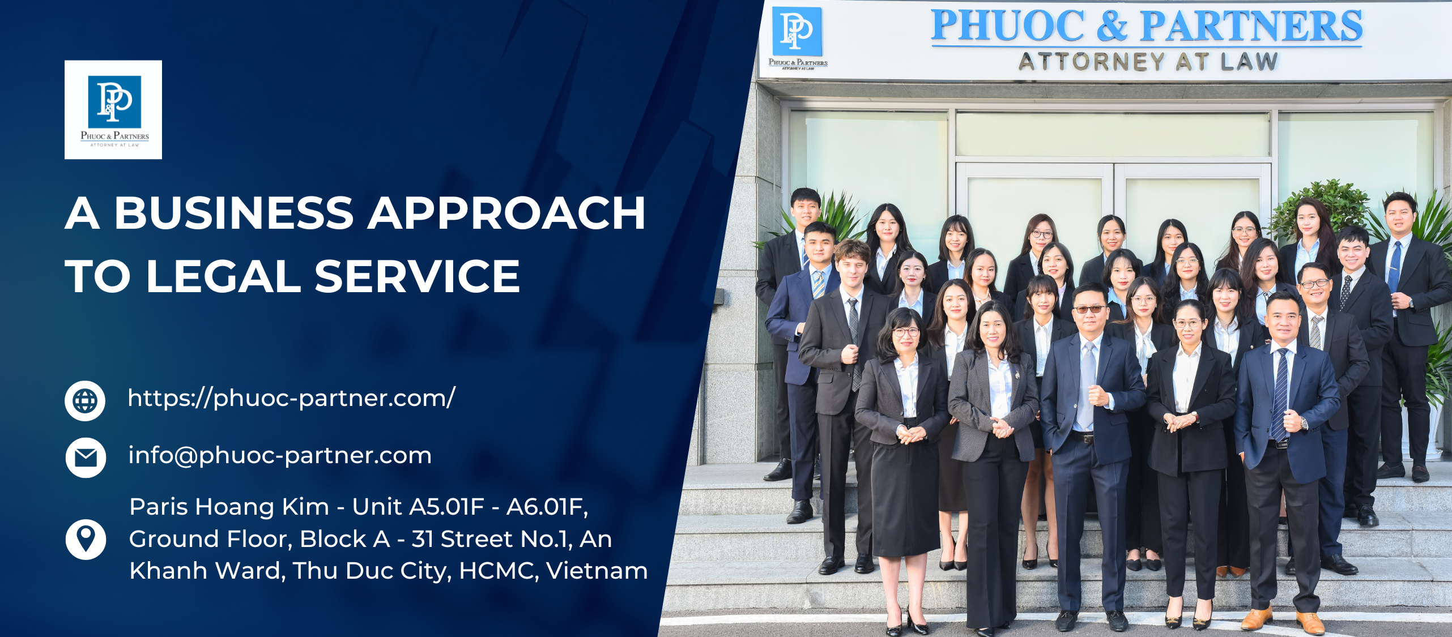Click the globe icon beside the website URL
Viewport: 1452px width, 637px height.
(x=85, y=401)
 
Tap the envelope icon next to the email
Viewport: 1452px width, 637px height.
(x=86, y=458)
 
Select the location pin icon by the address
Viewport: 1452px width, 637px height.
(x=86, y=538)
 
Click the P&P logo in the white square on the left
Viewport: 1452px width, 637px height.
(x=113, y=109)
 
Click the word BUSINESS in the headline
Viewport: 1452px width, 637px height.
(x=234, y=213)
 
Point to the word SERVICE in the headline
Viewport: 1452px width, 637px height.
(x=417, y=277)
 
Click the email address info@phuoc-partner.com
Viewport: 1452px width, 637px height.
(x=280, y=456)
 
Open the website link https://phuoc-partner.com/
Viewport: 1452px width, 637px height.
(x=291, y=398)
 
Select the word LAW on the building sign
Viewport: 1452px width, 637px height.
(x=1249, y=61)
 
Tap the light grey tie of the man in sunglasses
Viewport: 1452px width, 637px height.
(x=1087, y=385)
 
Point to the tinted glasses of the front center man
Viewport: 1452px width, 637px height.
(x=1089, y=309)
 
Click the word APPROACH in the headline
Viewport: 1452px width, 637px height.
(x=507, y=213)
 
